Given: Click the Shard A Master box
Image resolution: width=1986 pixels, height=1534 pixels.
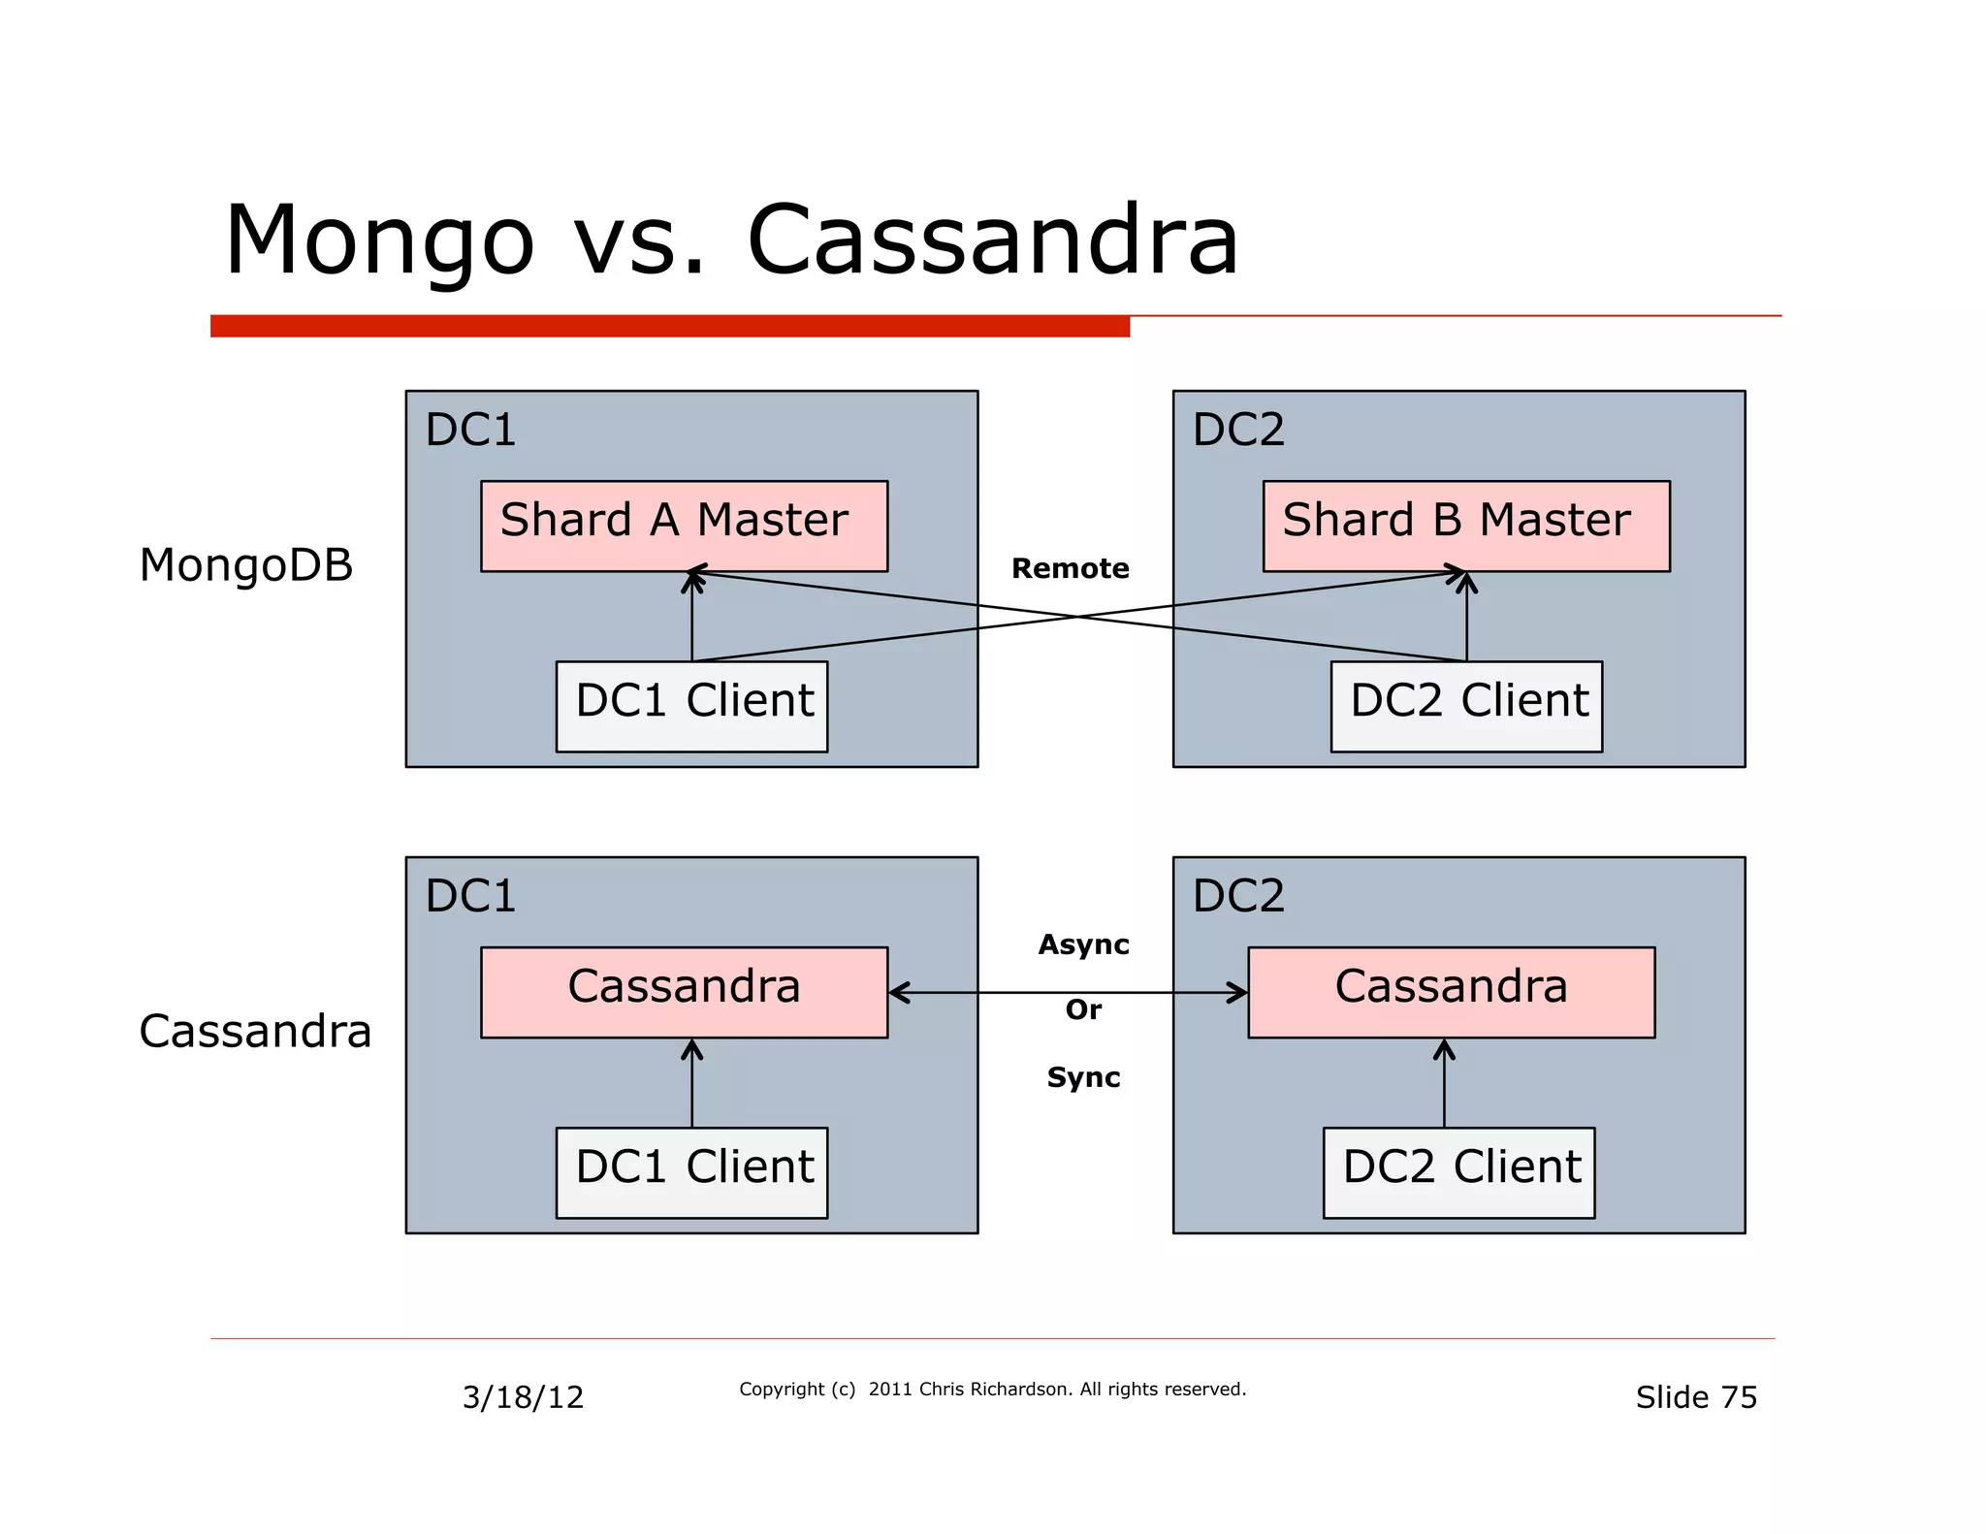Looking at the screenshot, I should pyautogui.click(x=684, y=526).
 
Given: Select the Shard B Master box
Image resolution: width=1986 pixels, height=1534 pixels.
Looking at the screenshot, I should pyautogui.click(x=1465, y=526).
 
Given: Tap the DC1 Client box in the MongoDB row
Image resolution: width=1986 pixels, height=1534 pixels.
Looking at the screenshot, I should pyautogui.click(x=691, y=706).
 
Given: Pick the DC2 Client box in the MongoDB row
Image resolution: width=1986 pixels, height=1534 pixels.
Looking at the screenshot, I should pyautogui.click(x=1465, y=706).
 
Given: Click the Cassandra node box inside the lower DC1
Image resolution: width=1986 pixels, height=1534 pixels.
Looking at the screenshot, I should pyautogui.click(x=684, y=991).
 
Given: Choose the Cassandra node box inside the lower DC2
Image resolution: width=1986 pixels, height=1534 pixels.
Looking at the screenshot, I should pyautogui.click(x=1451, y=991).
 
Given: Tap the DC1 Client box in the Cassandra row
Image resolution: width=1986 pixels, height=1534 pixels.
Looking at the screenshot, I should pyautogui.click(x=691, y=1171).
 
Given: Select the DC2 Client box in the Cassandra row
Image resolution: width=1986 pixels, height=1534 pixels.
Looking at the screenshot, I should pyautogui.click(x=1458, y=1171).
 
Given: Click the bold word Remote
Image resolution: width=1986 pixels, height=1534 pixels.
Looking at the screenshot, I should pyautogui.click(x=1070, y=568).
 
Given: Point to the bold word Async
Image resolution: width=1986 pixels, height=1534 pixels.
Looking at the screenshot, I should pyautogui.click(x=1083, y=944).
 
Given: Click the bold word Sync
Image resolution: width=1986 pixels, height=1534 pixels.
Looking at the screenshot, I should pyautogui.click(x=1083, y=1077).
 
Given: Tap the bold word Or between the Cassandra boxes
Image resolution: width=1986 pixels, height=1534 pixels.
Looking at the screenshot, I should pyautogui.click(x=1083, y=1010).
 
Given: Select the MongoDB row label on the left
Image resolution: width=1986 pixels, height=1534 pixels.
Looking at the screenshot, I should pyautogui.click(x=245, y=565).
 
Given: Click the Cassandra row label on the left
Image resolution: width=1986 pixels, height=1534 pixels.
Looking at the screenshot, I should pyautogui.click(x=255, y=1031).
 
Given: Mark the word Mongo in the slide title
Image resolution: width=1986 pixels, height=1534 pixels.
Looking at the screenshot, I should pyautogui.click(x=379, y=240).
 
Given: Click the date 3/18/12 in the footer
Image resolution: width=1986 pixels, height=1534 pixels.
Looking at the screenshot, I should pyautogui.click(x=523, y=1397).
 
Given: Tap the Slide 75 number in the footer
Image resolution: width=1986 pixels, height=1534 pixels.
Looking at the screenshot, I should pyautogui.click(x=1696, y=1397).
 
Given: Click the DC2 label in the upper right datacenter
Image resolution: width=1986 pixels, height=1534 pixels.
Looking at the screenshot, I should pyautogui.click(x=1238, y=430).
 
